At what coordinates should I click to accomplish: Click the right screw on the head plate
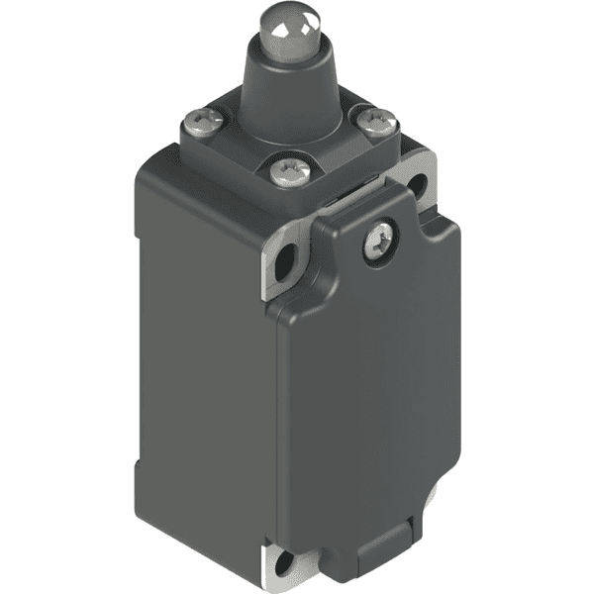[376, 123]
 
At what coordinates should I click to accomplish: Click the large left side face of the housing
[198, 376]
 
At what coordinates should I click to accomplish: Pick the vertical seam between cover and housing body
[276, 416]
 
